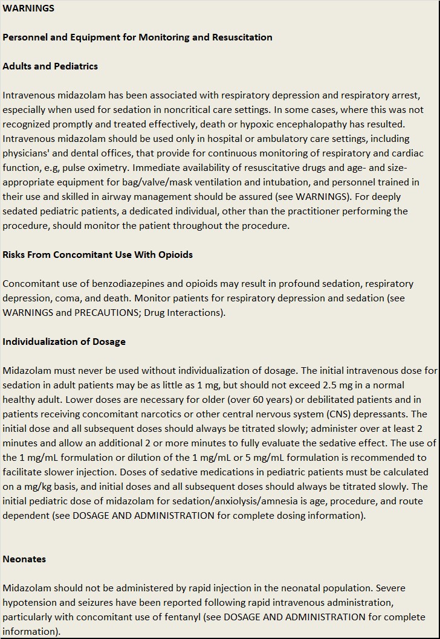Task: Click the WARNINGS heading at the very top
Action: [28, 8]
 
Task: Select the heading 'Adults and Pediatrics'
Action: [50, 66]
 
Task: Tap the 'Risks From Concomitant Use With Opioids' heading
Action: [97, 255]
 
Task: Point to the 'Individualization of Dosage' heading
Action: [64, 342]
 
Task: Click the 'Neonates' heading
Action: [24, 559]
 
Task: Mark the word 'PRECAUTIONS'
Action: [106, 313]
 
